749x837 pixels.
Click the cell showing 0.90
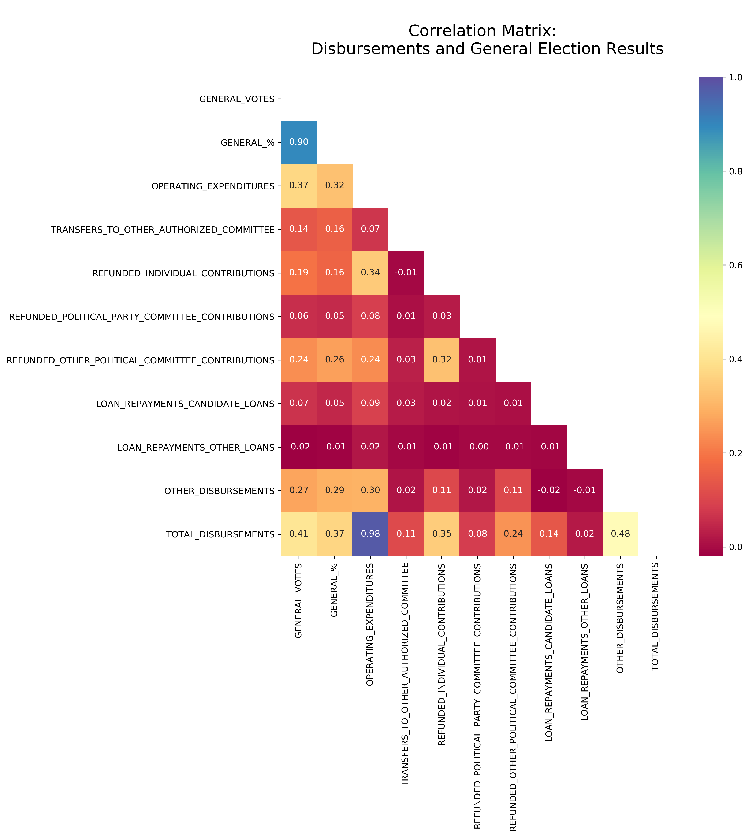click(299, 142)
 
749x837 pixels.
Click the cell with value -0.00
click(477, 447)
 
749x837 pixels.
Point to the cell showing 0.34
click(370, 273)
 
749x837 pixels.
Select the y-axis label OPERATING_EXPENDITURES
click(213, 186)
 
